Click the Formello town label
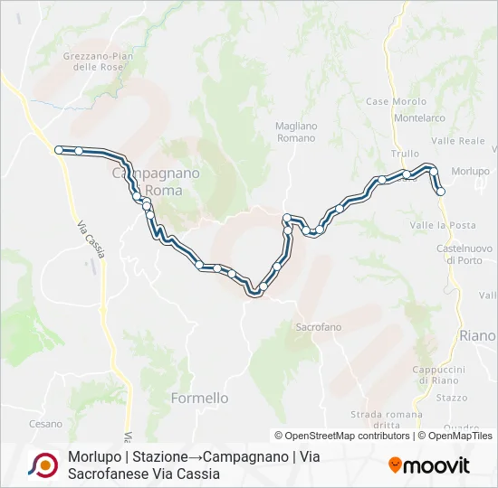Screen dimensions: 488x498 [199, 398]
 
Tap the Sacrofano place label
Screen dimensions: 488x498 [317, 326]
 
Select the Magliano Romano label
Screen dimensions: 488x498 [295, 132]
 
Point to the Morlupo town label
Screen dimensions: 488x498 [470, 171]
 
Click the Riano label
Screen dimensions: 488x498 [477, 335]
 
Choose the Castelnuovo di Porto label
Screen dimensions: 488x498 [464, 253]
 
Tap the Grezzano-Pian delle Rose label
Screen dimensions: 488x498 [99, 61]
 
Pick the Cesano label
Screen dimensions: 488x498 [45, 424]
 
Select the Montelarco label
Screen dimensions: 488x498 [419, 118]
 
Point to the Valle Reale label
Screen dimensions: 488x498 [458, 141]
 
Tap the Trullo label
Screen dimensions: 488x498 [405, 154]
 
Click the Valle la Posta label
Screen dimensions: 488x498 [442, 225]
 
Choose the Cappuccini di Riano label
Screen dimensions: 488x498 [438, 375]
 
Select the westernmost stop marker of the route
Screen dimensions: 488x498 [59, 150]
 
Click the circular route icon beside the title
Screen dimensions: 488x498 [43, 465]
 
